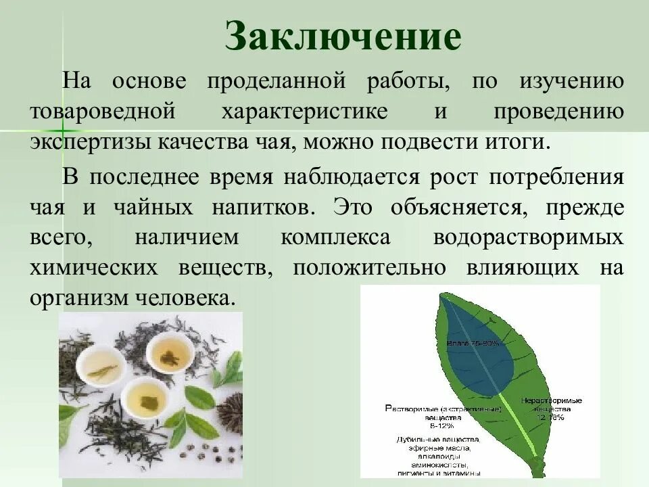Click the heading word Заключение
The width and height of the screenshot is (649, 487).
(343, 37)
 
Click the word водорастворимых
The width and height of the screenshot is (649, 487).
(527, 238)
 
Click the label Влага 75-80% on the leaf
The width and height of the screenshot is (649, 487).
(473, 344)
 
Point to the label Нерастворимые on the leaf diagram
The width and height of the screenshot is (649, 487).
(551, 401)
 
